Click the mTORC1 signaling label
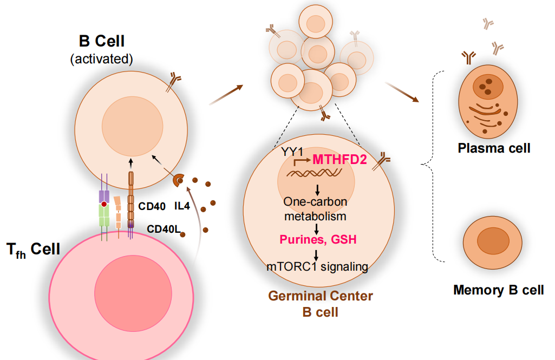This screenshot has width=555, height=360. coord(318,266)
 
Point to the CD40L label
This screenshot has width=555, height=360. coord(164,229)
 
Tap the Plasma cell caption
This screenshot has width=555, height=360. coord(493,148)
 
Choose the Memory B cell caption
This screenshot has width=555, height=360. coord(498,290)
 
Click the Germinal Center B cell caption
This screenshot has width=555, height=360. coord(321,304)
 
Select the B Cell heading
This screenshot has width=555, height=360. coord(102,42)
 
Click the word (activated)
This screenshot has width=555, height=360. coord(102,58)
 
